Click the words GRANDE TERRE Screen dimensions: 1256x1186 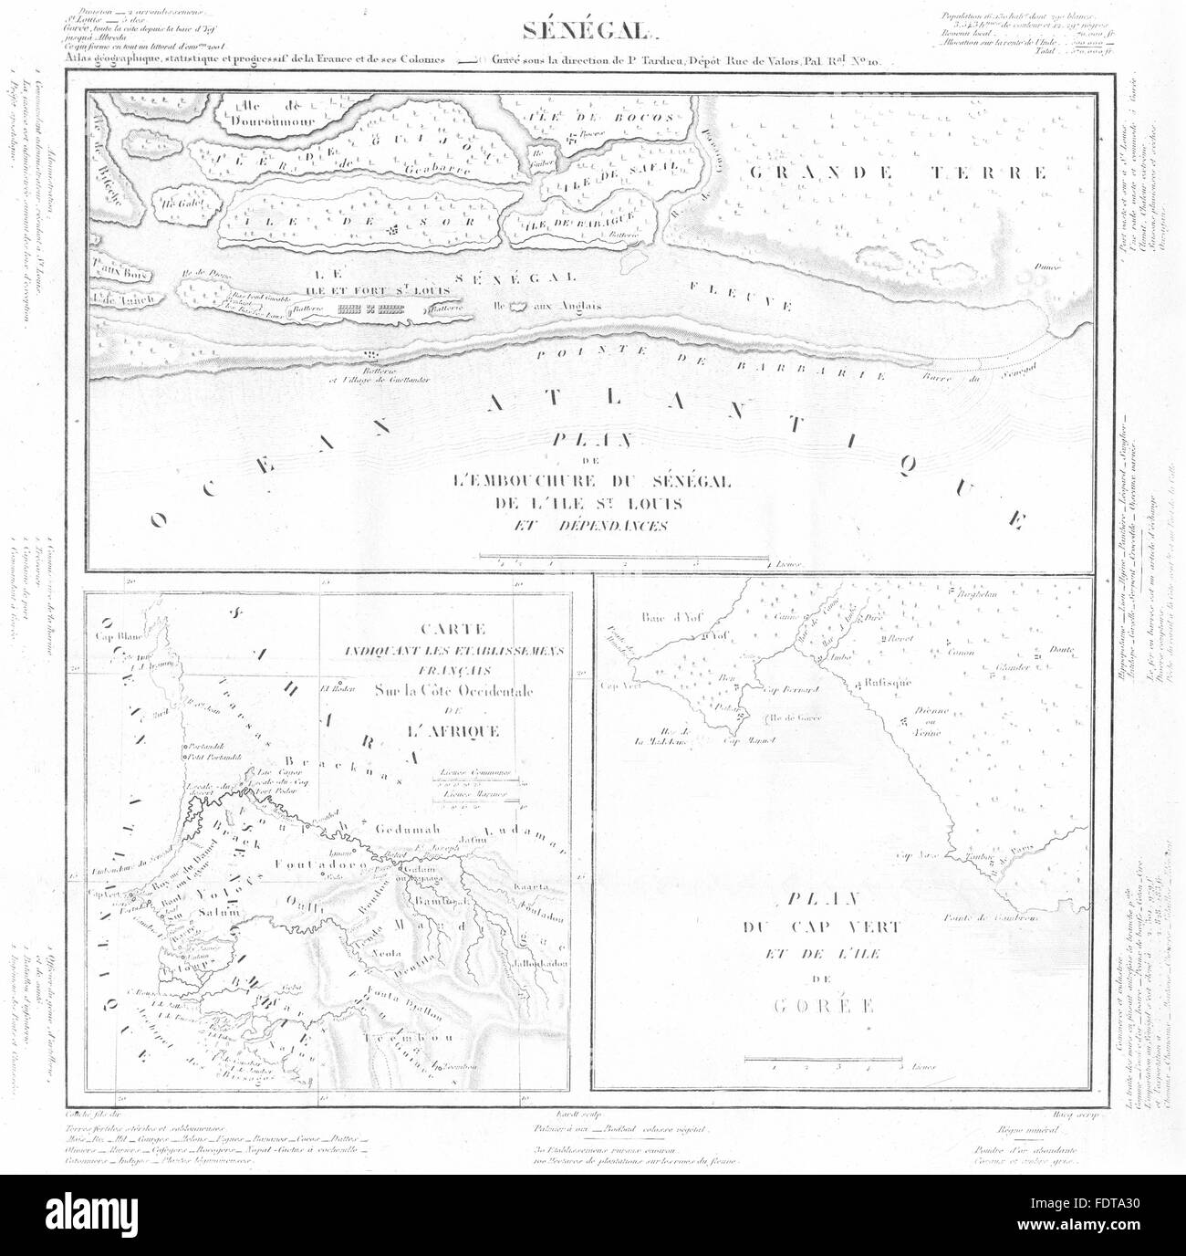(896, 173)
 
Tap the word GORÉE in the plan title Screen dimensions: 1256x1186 (814, 1007)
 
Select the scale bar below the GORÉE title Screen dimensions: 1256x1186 (824, 1059)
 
